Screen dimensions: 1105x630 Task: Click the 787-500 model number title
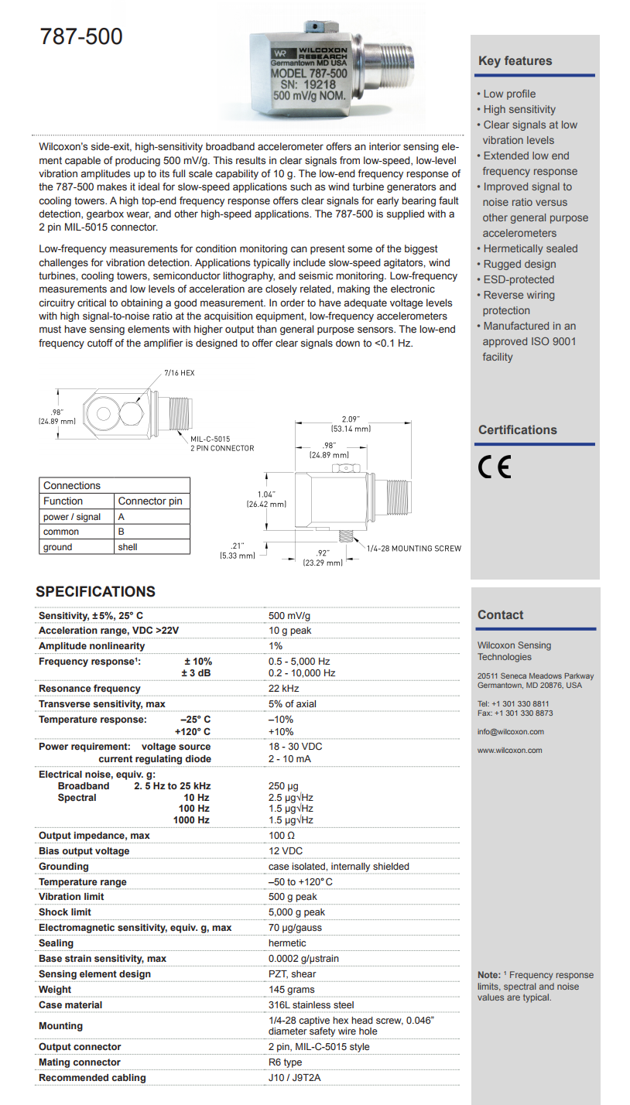(81, 36)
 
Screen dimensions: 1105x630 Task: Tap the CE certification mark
(495, 468)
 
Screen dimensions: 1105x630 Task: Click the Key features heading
(515, 61)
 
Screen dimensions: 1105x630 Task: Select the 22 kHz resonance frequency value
(284, 689)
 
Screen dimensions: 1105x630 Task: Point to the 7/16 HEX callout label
(179, 373)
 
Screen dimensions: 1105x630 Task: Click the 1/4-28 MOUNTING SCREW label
(413, 549)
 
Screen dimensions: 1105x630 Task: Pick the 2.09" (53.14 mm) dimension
(351, 423)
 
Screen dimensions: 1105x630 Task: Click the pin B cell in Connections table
(122, 532)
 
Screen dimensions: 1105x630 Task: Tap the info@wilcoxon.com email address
(510, 732)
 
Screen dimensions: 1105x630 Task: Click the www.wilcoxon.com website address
(509, 750)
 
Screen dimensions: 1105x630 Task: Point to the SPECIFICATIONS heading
(95, 592)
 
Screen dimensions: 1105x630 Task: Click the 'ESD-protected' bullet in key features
(518, 279)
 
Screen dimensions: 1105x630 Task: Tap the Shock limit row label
(65, 912)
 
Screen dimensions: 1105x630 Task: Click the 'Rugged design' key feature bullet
(519, 264)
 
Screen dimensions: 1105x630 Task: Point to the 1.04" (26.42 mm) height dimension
(267, 498)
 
